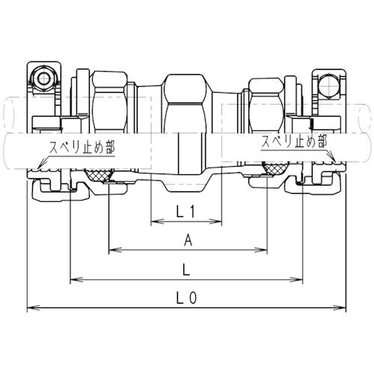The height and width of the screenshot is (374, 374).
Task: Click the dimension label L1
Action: point(186,212)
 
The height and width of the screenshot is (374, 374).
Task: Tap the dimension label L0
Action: point(186,298)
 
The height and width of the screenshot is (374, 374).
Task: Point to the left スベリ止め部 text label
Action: point(82,147)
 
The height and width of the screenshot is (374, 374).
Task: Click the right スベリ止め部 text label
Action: point(294,142)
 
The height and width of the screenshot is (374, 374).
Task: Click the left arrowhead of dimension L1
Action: point(157,221)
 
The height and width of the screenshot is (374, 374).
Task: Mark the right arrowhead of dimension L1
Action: point(215,221)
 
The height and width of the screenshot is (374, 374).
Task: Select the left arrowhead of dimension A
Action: point(115,250)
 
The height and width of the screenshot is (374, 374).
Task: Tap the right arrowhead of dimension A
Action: point(261,250)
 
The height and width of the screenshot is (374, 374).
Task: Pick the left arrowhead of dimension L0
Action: point(33,307)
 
